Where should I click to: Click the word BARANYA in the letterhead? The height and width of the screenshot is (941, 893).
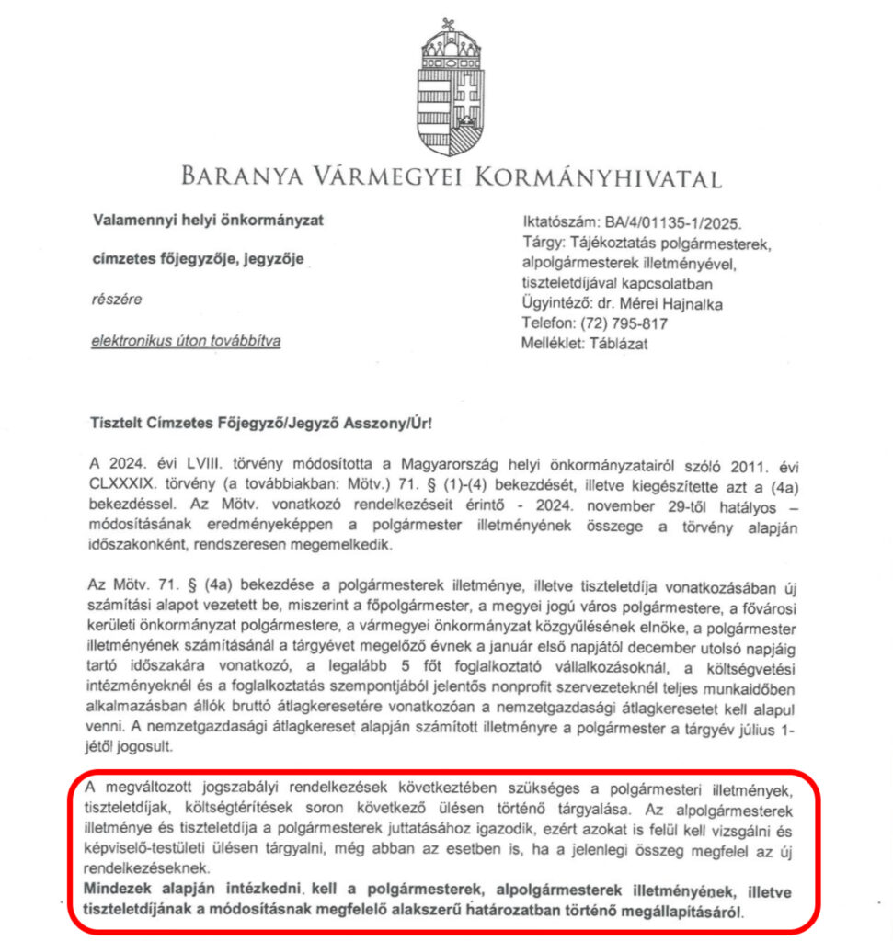click(242, 176)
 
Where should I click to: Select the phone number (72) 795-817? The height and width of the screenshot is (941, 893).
click(622, 323)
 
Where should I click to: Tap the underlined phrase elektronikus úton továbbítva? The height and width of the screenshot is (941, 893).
click(186, 341)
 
